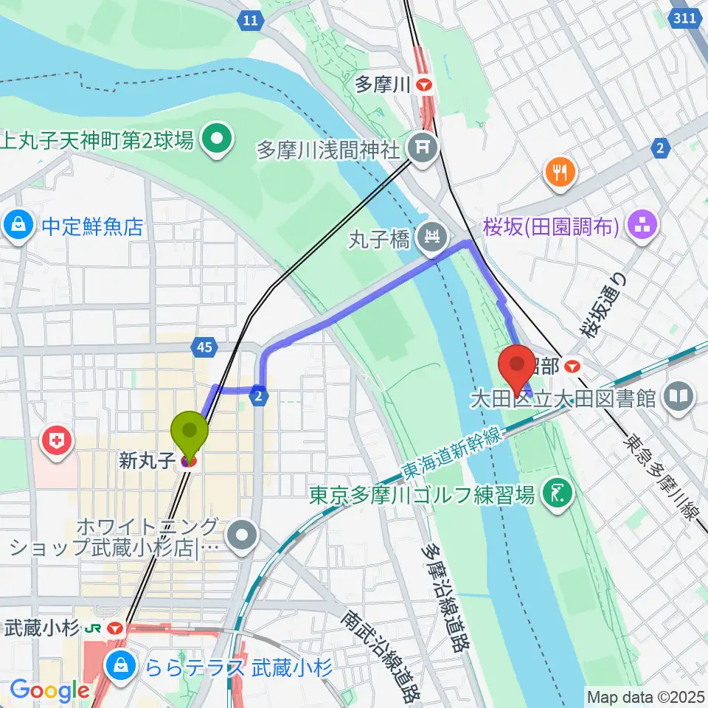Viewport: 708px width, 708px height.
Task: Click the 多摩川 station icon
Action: [x=424, y=85]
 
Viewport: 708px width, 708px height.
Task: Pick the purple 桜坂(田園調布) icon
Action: [x=639, y=226]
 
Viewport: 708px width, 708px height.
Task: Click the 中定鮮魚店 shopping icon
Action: [x=16, y=226]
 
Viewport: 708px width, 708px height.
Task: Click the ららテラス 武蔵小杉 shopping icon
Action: [x=119, y=668]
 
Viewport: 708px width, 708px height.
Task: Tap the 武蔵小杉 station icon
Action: [x=114, y=628]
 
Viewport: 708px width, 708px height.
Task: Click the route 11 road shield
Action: [x=251, y=21]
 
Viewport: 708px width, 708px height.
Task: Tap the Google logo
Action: [x=49, y=690]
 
